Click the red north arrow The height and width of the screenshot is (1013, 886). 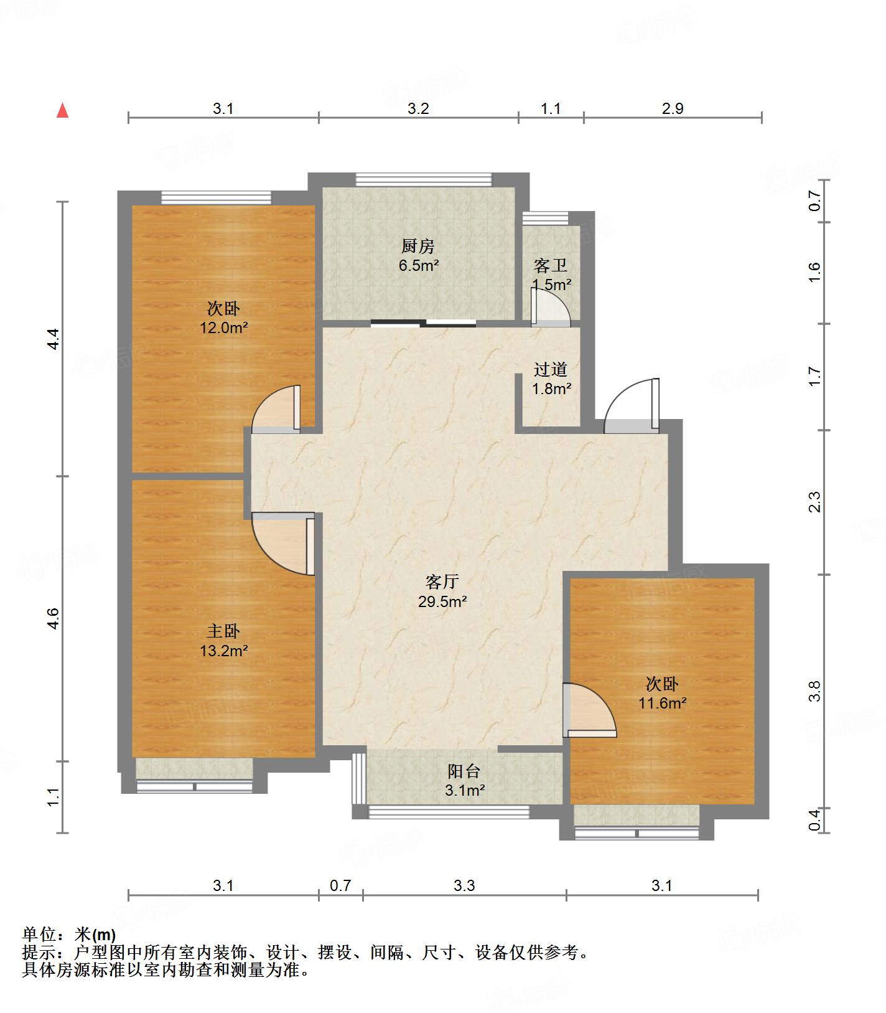pos(62,111)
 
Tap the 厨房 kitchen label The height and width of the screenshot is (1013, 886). pos(418,246)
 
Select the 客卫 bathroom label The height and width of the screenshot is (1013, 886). pos(551,266)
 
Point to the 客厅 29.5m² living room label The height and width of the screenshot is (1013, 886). pos(442,591)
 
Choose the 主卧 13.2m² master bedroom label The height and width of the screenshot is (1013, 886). pos(224,641)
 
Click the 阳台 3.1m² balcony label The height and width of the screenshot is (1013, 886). pos(464,781)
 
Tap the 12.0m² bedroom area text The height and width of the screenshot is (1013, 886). pos(223,327)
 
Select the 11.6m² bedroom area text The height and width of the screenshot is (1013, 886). pos(662,703)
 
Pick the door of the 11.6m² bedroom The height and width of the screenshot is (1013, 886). pos(589,710)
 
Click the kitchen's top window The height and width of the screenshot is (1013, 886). pos(424,180)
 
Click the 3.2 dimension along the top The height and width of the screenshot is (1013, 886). pos(418,109)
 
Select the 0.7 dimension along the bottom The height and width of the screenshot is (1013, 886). pos(340,885)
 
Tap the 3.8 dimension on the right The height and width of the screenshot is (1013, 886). pos(814,690)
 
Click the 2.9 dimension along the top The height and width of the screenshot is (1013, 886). pos(672,109)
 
